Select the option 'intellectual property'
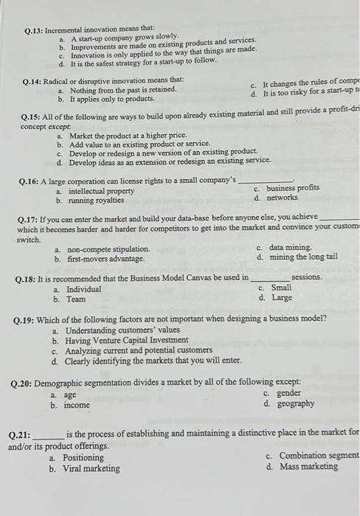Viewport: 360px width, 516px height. pyautogui.click(x=100, y=191)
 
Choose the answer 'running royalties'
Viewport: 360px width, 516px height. pyautogui.click(x=96, y=200)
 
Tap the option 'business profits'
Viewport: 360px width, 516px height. pyautogui.click(x=292, y=188)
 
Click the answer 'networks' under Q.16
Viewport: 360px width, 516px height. pyautogui.click(x=282, y=198)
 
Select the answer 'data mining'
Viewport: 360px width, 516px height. pyautogui.click(x=290, y=248)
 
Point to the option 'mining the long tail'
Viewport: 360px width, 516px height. pyautogui.click(x=303, y=257)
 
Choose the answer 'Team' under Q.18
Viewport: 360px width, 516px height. pyautogui.click(x=75, y=299)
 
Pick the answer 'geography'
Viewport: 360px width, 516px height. pyautogui.click(x=294, y=404)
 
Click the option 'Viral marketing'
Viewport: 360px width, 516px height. pyautogui.click(x=92, y=468)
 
